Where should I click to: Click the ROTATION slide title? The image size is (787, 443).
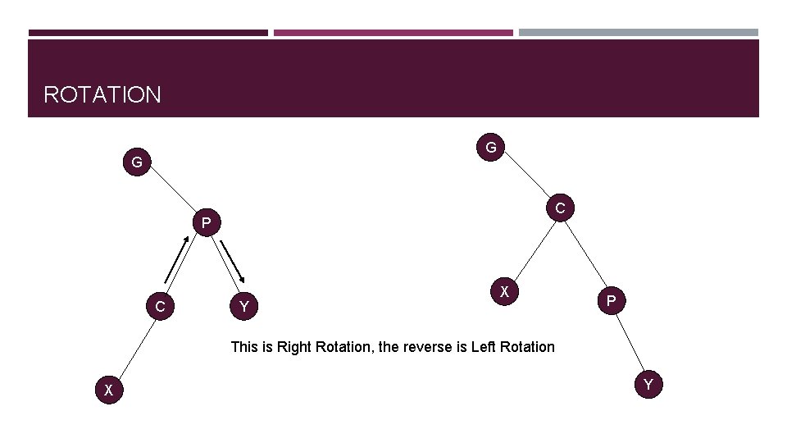tap(102, 94)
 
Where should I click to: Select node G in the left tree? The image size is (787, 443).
tap(137, 162)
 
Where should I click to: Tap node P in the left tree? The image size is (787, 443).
tap(207, 222)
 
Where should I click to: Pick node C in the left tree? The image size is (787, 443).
tap(161, 307)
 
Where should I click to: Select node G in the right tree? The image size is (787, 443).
tap(490, 148)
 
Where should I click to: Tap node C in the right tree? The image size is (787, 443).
tap(559, 208)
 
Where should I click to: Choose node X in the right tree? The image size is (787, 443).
tap(505, 291)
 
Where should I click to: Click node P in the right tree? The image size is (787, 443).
tap(611, 302)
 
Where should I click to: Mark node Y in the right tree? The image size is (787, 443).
tap(648, 384)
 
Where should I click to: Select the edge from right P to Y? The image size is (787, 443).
tap(630, 345)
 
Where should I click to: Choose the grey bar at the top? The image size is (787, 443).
tap(638, 33)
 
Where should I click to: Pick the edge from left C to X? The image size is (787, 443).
tap(134, 349)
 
